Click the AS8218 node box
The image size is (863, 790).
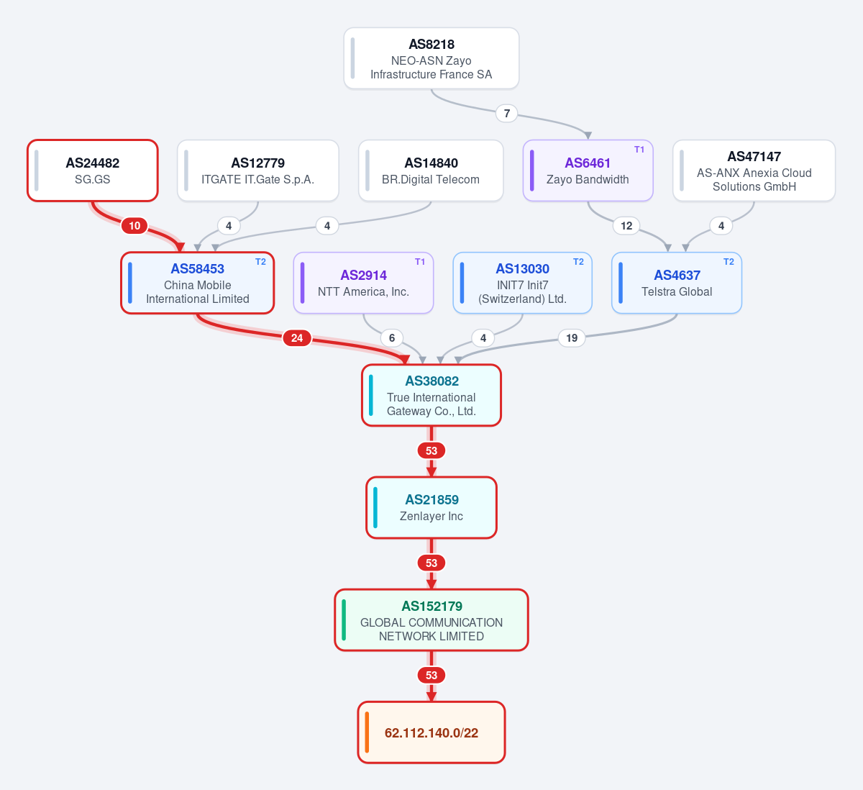pos(431,58)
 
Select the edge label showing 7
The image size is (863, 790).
pos(506,113)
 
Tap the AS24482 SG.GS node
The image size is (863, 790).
pos(93,171)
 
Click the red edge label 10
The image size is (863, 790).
pos(134,226)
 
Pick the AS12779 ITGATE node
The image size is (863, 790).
pos(257,171)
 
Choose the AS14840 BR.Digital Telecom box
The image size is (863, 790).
pos(431,171)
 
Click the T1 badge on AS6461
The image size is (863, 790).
pos(639,150)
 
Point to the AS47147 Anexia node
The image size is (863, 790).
pos(754,171)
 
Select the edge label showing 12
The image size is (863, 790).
pos(626,226)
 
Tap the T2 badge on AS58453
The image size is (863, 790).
pos(260,262)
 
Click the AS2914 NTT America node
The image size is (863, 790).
pos(363,283)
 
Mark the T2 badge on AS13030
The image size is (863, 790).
pos(578,262)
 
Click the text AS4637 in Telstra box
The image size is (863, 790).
pos(677,275)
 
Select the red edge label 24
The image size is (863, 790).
pos(297,338)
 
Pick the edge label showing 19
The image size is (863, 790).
pos(571,338)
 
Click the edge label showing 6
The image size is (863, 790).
pos(391,338)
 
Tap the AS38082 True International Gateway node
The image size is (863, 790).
pos(431,395)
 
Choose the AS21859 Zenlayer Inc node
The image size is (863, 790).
pos(431,507)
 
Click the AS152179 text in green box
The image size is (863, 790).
pos(431,606)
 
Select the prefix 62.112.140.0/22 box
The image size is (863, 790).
pos(431,732)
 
